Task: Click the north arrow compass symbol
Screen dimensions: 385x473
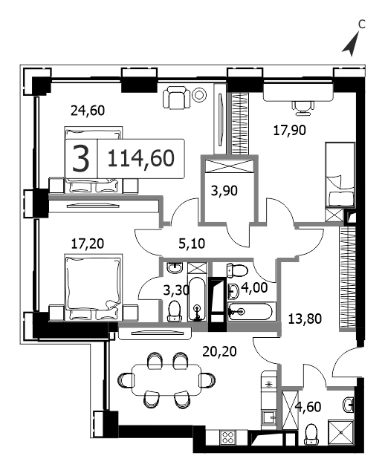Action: click(352, 45)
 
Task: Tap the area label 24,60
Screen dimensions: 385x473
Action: click(88, 111)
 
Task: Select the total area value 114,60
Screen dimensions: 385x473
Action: click(141, 158)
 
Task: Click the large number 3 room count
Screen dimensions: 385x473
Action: click(81, 158)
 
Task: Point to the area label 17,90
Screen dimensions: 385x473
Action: click(289, 131)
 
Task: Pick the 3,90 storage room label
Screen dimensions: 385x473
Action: click(224, 191)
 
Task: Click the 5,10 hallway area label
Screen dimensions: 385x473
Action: click(192, 244)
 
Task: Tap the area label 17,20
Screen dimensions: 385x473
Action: click(87, 244)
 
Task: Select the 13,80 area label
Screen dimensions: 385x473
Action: click(305, 319)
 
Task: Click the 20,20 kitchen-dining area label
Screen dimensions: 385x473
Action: click(219, 351)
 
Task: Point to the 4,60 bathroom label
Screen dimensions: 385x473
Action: click(308, 407)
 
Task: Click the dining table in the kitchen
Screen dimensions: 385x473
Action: click(166, 379)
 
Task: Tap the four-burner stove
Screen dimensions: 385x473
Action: click(227, 437)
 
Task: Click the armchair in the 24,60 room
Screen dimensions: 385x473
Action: click(177, 98)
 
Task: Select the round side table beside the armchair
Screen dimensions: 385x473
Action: click(199, 95)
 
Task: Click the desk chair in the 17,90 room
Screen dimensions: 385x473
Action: click(302, 108)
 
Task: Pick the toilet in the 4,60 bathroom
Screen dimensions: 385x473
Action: click(312, 434)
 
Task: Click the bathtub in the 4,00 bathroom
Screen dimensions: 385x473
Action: click(251, 312)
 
